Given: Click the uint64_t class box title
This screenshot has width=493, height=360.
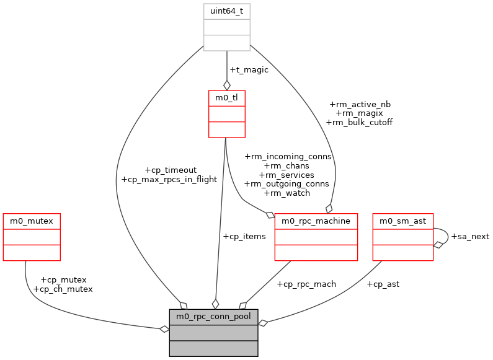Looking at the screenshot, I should click(226, 11).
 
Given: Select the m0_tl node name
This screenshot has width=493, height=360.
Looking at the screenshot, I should click(226, 97).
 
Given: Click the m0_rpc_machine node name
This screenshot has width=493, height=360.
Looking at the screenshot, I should click(316, 221).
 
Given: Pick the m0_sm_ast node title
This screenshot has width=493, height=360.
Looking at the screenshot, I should click(402, 221).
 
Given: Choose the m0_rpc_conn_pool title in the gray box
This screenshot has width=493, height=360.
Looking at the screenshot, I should click(213, 317).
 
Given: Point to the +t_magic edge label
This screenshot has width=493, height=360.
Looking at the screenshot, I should click(249, 70).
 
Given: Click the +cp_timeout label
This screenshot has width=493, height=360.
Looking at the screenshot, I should click(170, 170).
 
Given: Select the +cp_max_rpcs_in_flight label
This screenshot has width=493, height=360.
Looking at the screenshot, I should click(169, 180).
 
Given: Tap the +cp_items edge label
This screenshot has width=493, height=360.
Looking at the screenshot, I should click(244, 236).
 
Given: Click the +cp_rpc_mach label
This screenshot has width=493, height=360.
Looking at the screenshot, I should click(306, 284).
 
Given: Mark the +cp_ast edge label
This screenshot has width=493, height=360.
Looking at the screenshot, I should click(383, 284).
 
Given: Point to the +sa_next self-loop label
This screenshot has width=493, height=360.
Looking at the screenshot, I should click(470, 236).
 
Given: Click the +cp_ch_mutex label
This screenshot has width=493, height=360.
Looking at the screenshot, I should click(63, 289).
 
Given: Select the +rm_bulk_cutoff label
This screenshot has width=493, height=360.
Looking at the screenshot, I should click(359, 123).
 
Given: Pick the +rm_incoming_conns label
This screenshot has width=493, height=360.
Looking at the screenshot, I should click(288, 157).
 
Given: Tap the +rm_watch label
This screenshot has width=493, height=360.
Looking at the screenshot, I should click(287, 193).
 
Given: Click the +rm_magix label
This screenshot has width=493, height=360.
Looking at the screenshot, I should click(359, 113).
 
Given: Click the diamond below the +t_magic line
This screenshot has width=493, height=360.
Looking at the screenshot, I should click(226, 85).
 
